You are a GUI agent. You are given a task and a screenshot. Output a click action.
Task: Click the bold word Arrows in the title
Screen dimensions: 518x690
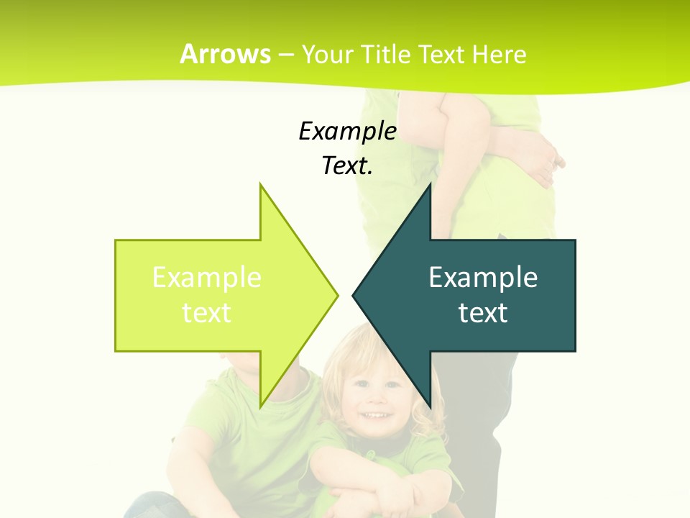[225, 54]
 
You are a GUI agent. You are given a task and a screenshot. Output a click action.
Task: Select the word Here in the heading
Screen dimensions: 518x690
[500, 54]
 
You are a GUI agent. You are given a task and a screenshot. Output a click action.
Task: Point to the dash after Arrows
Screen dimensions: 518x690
[285, 55]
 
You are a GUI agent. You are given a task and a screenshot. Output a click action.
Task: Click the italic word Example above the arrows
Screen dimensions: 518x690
[347, 131]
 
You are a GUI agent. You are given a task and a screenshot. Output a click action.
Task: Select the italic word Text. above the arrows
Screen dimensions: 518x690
[347, 165]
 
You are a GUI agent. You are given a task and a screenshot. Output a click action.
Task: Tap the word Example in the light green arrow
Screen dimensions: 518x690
[206, 278]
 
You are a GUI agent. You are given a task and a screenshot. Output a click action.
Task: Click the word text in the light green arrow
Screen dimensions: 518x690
[206, 313]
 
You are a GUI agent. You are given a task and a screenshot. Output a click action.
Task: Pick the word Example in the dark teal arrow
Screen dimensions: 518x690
[483, 278]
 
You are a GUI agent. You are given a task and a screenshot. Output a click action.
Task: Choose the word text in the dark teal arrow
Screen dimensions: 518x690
[483, 313]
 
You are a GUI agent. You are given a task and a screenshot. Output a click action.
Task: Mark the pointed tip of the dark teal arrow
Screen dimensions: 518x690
[354, 295]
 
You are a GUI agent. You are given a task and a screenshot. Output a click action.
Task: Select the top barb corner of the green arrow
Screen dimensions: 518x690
[260, 185]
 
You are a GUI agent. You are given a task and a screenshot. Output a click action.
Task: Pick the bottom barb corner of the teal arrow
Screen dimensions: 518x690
[430, 406]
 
